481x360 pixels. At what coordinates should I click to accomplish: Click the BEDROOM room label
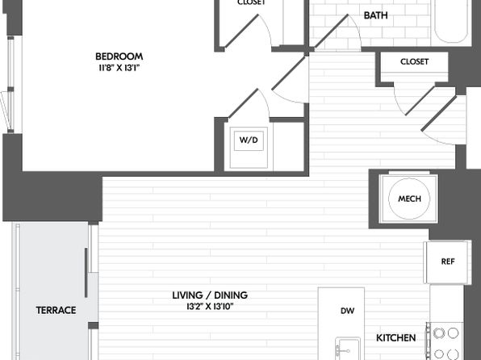[x=119, y=57]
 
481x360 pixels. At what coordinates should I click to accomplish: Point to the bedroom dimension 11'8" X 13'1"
[x=119, y=68]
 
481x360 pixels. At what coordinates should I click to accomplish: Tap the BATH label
[x=375, y=15]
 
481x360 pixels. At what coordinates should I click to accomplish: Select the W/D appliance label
[x=249, y=140]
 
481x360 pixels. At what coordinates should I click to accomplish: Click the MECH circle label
[x=409, y=199]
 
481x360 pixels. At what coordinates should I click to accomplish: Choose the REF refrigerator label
[x=448, y=262]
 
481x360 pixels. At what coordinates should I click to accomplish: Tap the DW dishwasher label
[x=348, y=311]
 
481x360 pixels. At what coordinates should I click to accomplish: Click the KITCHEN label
[x=396, y=338]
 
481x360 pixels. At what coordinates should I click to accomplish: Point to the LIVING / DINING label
[x=210, y=295]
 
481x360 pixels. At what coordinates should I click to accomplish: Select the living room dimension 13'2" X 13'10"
[x=210, y=306]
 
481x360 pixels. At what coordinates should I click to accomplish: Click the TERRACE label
[x=56, y=310]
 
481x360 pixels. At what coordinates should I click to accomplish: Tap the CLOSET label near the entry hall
[x=414, y=61]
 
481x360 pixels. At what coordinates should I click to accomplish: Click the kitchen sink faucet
[x=342, y=350]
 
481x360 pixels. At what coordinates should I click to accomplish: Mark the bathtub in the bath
[x=451, y=22]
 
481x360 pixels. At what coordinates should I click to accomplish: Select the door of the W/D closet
[x=249, y=103]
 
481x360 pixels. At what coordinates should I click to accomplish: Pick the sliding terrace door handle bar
[x=86, y=273]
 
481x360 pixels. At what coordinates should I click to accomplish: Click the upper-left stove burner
[x=439, y=333]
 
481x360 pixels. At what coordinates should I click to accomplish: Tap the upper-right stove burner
[x=453, y=333]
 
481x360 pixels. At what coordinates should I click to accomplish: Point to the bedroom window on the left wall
[x=11, y=85]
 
